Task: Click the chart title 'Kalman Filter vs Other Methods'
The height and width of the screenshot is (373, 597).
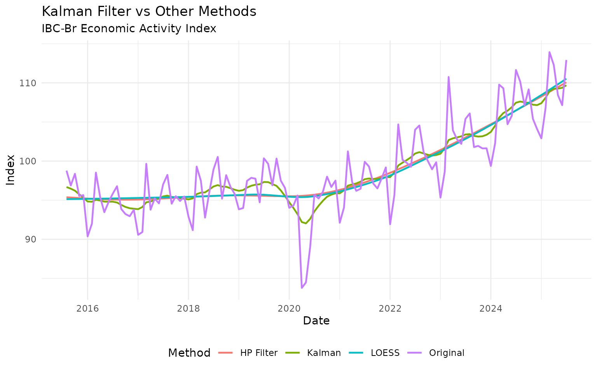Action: (149, 12)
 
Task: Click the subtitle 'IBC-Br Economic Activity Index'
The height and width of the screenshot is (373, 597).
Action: (129, 29)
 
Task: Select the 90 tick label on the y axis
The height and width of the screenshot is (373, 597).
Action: (30, 239)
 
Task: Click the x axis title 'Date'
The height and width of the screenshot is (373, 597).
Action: (316, 321)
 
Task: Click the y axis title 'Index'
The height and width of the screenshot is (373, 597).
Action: (11, 170)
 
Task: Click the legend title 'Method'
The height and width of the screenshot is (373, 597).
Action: (189, 353)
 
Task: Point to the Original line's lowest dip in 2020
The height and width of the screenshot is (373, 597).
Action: (302, 288)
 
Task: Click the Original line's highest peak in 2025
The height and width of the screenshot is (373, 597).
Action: (549, 52)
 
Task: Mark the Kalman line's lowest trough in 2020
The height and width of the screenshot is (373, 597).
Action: (306, 223)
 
